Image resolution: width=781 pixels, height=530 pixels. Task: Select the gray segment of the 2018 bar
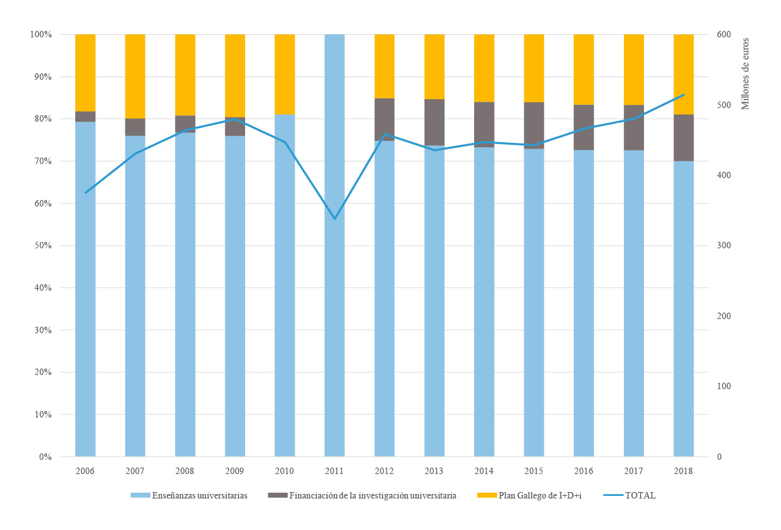pos(683,138)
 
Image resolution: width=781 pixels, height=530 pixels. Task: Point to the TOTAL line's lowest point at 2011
pos(335,219)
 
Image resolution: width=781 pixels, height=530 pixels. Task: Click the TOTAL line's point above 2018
pos(683,95)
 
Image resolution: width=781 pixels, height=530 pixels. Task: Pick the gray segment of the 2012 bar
pos(384,120)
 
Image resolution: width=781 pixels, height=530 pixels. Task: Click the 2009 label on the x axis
pos(235,471)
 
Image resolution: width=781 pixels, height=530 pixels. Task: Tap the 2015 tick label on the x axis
pos(533,471)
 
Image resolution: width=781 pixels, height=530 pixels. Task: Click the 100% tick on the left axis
pos(40,34)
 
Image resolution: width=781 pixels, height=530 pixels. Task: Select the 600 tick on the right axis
pos(724,34)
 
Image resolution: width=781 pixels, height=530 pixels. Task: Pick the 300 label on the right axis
pos(724,246)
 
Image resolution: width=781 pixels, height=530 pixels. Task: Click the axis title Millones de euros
pos(746,74)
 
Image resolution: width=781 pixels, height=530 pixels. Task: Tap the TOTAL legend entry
pos(640,495)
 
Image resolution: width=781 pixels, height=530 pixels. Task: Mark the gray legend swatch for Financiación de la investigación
pos(277,495)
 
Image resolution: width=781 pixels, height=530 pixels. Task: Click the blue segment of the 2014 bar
pos(484,302)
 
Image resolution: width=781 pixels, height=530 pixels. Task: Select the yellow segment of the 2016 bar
pos(583,69)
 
